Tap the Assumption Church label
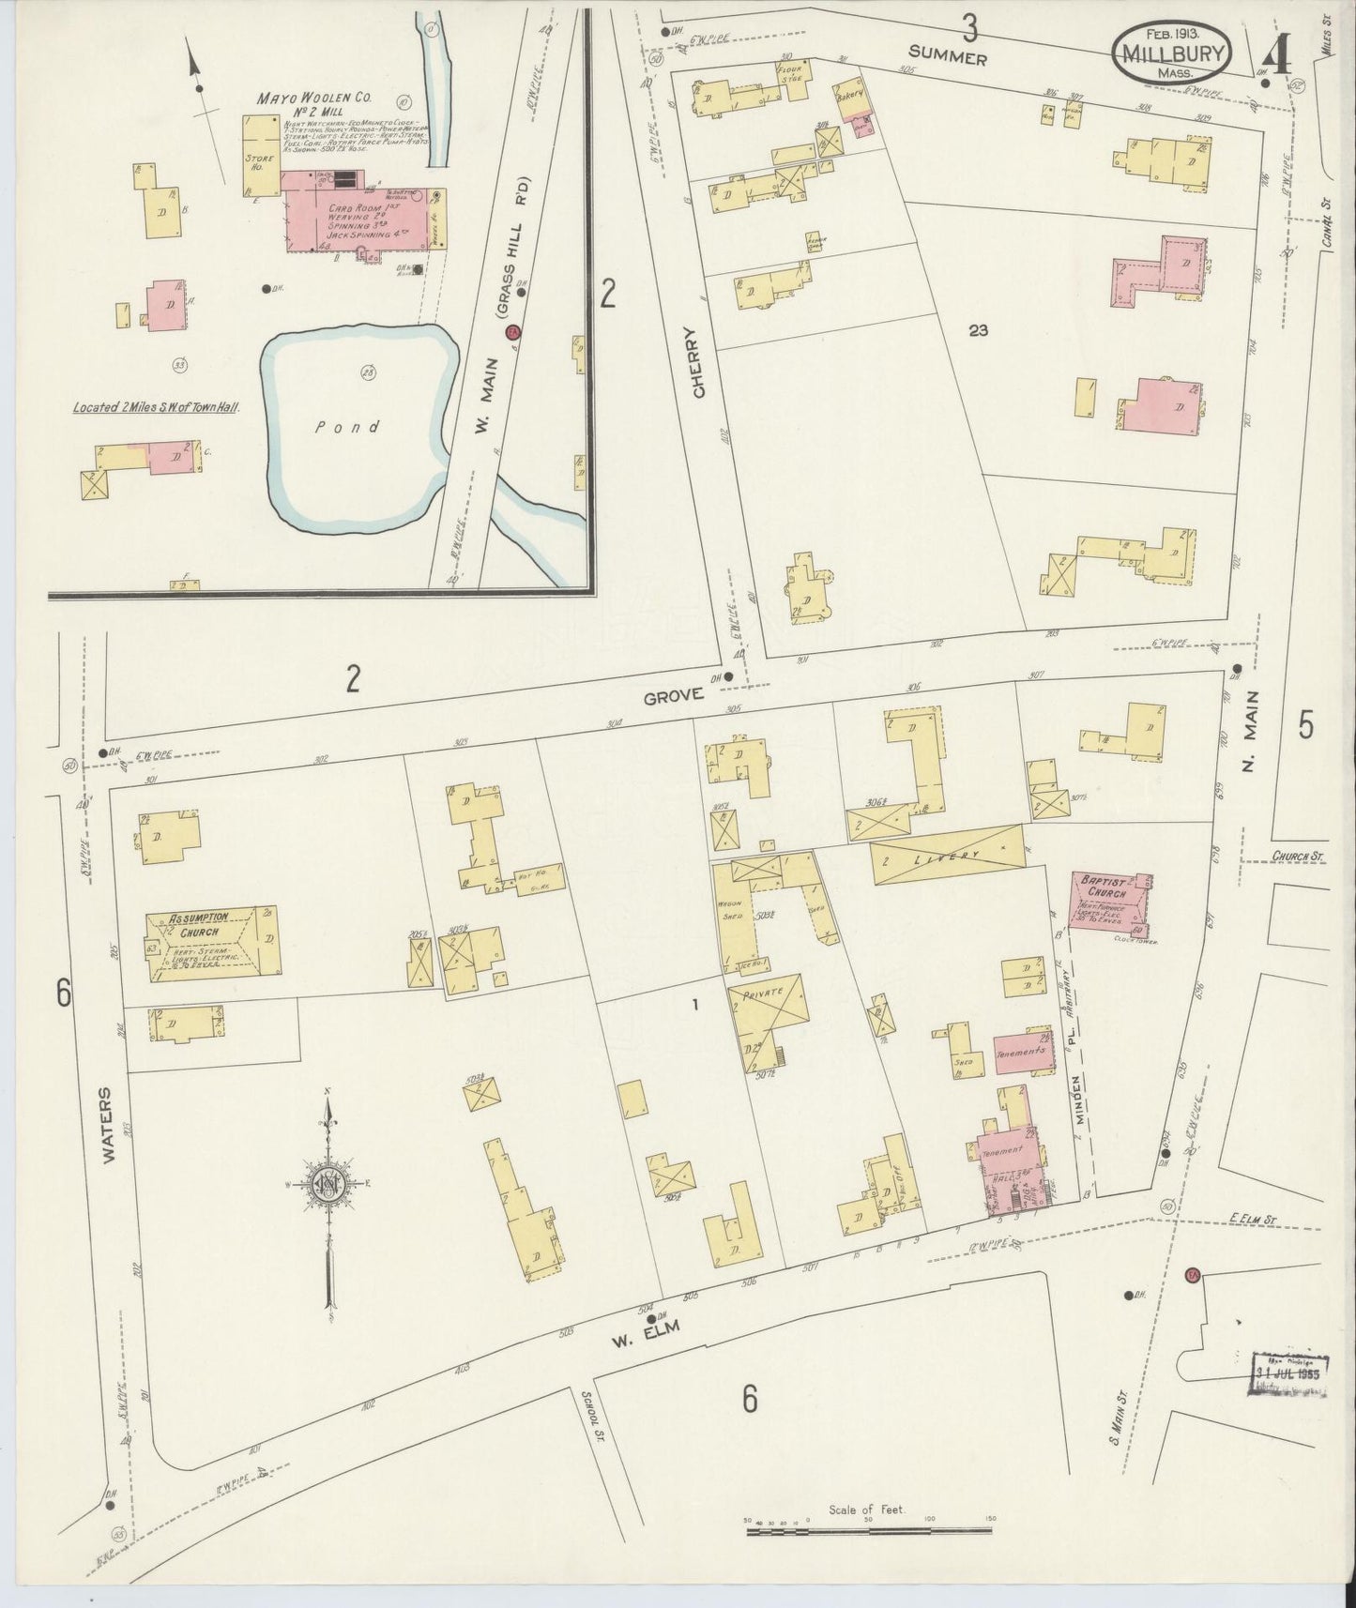[x=193, y=925]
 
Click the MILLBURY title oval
[x=1171, y=53]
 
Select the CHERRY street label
[x=697, y=363]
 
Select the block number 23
[x=978, y=330]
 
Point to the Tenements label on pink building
[x=1019, y=1053]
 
